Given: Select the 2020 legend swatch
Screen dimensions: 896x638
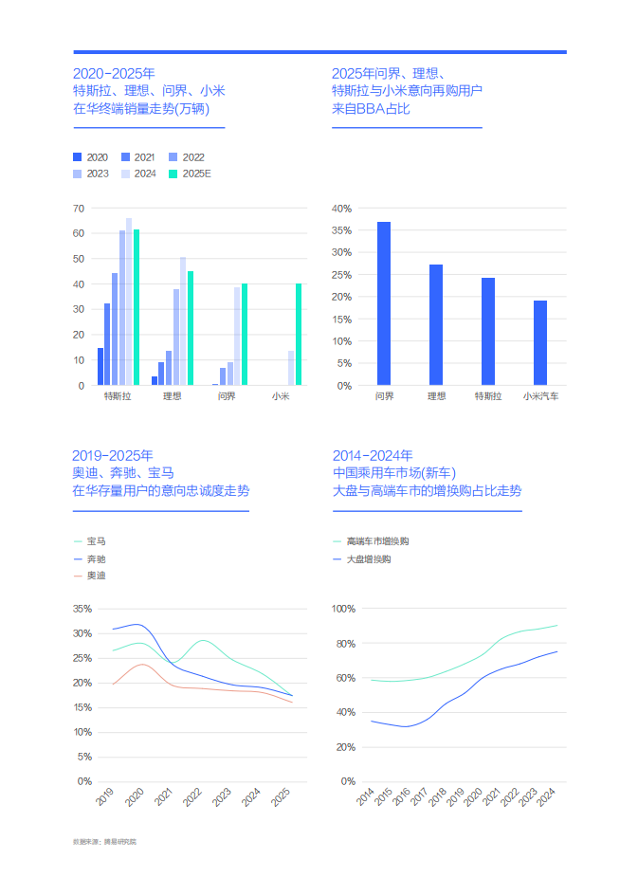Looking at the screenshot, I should pos(78,157).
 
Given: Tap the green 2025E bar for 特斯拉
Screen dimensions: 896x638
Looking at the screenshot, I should pos(137,307).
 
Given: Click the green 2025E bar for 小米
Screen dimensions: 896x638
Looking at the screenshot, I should pos(299,335).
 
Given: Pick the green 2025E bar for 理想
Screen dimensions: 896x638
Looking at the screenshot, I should pos(191,328).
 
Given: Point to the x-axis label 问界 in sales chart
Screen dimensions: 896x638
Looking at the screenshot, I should pos(227,396).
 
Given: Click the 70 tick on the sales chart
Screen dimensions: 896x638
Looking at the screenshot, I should pos(79,209).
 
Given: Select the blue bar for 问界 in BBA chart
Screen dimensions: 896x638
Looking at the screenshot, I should pos(384,303).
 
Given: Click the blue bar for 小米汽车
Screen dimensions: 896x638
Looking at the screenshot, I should pos(540,343).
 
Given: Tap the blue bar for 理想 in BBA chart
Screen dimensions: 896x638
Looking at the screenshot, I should pos(436,325).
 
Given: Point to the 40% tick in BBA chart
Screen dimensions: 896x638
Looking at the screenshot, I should pos(341,209).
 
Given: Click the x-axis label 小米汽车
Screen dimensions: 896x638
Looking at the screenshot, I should pos(540,396).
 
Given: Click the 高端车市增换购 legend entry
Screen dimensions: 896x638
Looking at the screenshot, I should pos(377,541).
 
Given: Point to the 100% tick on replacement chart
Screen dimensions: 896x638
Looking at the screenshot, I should pos(341,609).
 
